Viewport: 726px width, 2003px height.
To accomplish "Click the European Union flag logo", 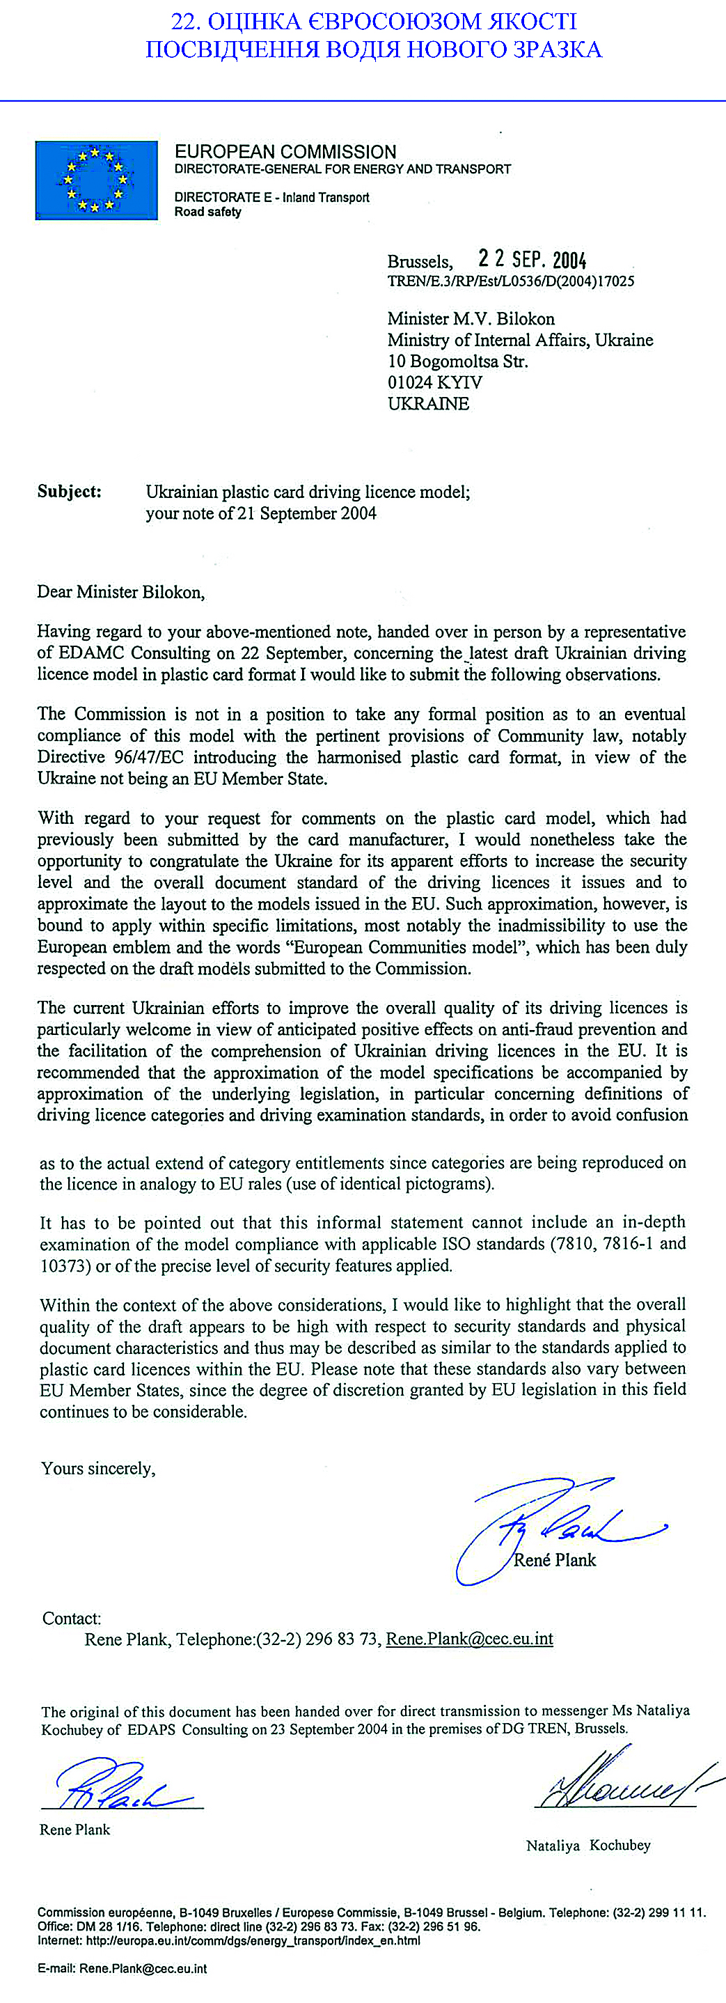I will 96,180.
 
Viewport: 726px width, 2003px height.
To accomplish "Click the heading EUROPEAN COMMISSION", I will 285,152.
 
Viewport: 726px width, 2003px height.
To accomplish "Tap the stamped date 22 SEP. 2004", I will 532,259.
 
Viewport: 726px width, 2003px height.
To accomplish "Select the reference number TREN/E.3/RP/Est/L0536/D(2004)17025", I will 511,281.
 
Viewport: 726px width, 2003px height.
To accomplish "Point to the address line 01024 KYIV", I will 434,382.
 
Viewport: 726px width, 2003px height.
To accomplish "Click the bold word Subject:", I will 69,492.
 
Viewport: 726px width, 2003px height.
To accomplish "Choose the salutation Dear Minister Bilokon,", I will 120,593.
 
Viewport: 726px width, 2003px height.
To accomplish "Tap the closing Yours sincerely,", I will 98,1469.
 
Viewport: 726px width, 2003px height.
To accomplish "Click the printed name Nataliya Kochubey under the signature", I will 587,1845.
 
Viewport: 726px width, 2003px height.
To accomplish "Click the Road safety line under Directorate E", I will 207,212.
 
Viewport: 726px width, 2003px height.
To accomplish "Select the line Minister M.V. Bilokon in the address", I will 471,319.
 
